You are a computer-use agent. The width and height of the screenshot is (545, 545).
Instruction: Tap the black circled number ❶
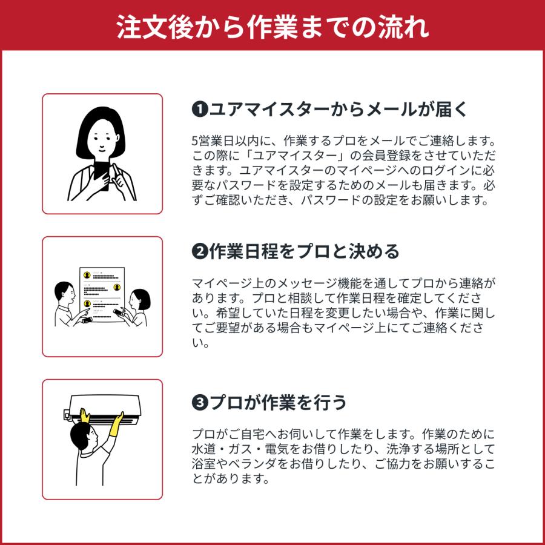tap(199, 110)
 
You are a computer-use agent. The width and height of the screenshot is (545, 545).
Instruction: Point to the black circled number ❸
tap(199, 402)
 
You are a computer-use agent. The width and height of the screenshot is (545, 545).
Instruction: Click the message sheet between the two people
tap(102, 292)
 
